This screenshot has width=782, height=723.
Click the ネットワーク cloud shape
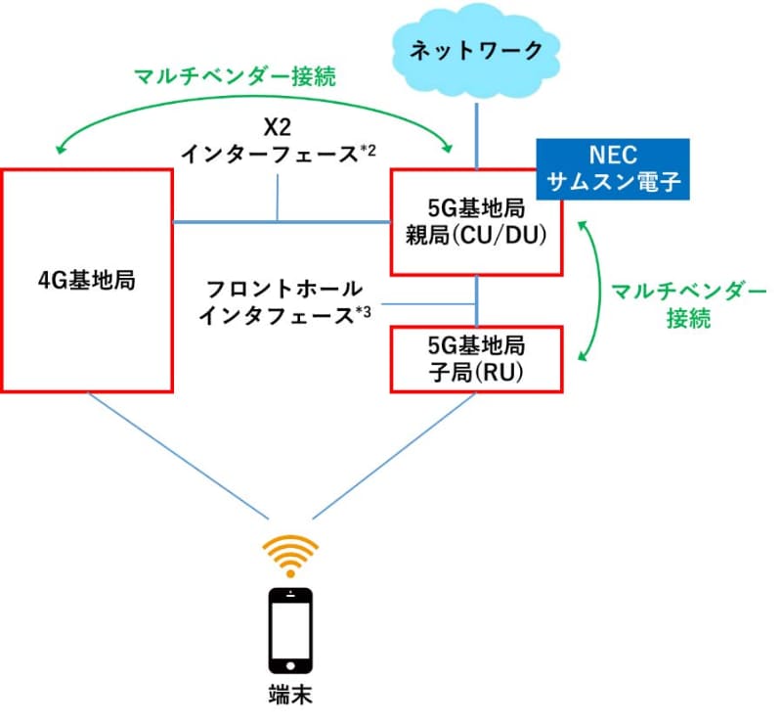coord(477,48)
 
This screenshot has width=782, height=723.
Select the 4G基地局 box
coord(88,280)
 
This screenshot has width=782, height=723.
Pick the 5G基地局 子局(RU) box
coord(476,358)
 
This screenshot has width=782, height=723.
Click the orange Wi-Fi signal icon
coord(291,556)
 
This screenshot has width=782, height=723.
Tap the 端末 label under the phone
coord(291,697)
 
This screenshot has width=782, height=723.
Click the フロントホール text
coord(284,290)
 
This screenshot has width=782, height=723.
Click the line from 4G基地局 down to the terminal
coord(176,455)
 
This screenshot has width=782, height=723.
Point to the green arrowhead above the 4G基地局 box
coord(62,150)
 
